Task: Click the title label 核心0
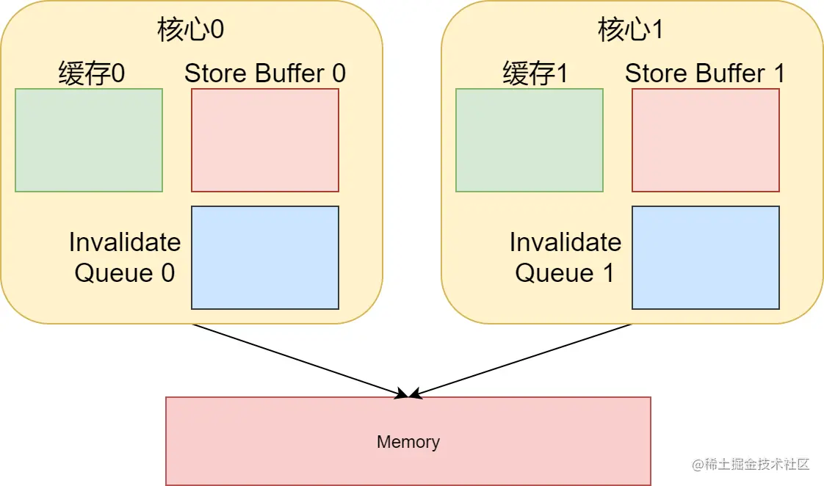191,30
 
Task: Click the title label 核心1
632,30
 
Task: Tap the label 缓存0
91,73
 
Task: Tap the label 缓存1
535,73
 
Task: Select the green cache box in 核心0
89,140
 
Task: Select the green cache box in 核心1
530,140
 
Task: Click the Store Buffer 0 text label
264,73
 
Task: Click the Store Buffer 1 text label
705,73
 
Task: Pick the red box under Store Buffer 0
265,140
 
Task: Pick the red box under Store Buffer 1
706,140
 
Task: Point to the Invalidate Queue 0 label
125,257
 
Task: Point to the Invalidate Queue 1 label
565,257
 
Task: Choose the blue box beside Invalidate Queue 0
265,258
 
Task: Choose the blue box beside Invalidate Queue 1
706,258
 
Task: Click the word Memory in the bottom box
408,442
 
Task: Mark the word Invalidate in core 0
125,242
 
